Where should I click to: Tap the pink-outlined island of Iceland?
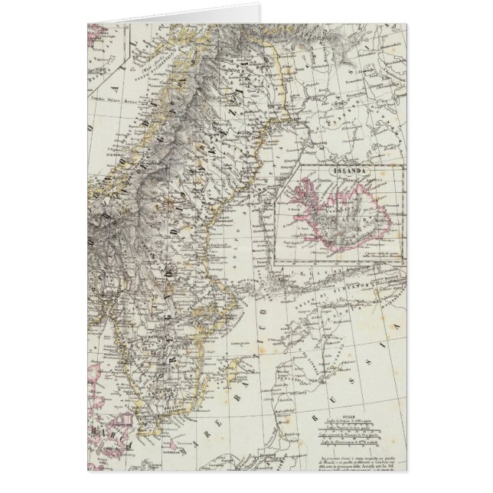click(340, 213)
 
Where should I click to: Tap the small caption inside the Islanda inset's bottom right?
click(372, 253)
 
